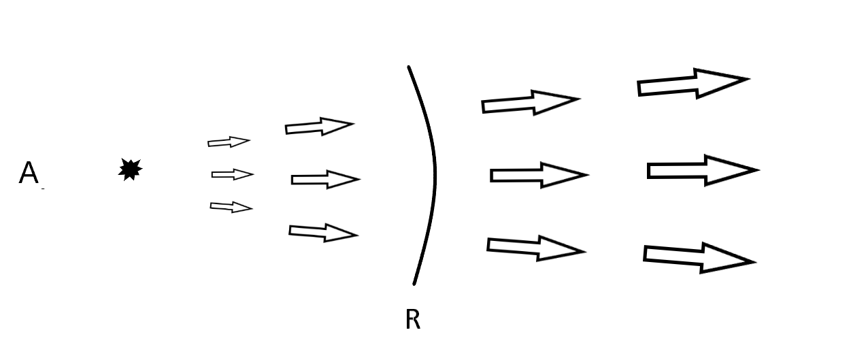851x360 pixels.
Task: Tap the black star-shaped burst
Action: pos(130,169)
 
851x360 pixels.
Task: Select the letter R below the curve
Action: pos(412,319)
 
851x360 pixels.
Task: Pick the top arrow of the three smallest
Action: pos(229,142)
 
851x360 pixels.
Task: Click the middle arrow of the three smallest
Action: pos(233,175)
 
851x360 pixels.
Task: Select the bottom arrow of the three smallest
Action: pos(231,207)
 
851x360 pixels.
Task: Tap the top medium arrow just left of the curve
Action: pos(319,127)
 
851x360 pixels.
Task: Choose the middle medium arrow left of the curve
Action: pos(325,180)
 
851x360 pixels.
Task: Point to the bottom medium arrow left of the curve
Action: pos(323,233)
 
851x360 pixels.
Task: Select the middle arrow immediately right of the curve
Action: pos(539,175)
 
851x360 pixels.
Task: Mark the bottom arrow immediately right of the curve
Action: pos(536,248)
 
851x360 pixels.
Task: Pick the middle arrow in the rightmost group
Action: pos(702,170)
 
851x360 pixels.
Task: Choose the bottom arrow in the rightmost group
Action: pos(698,257)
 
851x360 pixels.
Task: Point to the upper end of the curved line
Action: pos(409,68)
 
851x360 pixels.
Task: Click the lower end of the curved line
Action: pos(414,282)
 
